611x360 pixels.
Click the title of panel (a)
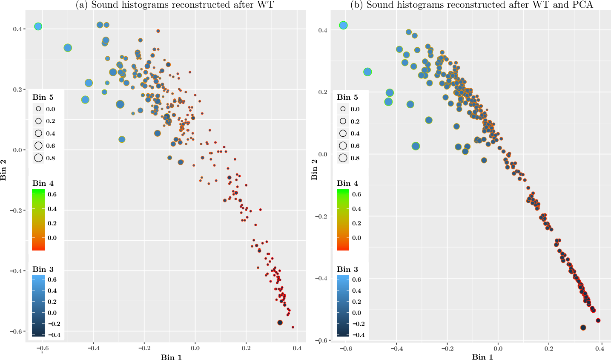[x=175, y=5]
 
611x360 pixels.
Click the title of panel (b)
[x=472, y=5]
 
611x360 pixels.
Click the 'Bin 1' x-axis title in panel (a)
[x=171, y=357]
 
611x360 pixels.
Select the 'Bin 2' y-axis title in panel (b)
[x=314, y=169]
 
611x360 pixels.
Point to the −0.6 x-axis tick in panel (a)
[x=42, y=348]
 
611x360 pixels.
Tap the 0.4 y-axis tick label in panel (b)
[x=323, y=30]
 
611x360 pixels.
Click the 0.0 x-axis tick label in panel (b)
[x=498, y=348]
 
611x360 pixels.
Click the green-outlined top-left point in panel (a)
[x=38, y=26]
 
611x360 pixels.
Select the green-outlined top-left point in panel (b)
[x=344, y=26]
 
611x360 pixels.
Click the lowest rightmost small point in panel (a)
[x=293, y=327]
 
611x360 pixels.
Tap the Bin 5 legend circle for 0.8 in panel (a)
[x=38, y=158]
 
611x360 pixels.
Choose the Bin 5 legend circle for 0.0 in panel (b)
[x=343, y=109]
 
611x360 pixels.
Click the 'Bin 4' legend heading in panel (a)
[x=43, y=183]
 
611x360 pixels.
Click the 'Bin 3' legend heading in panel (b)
[x=347, y=269]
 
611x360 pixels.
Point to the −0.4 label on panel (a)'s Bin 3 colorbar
[x=54, y=335]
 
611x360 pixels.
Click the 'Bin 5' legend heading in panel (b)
[x=347, y=97]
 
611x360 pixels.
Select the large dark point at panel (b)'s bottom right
[x=583, y=328]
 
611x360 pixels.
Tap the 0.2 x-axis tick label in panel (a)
[x=246, y=348]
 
